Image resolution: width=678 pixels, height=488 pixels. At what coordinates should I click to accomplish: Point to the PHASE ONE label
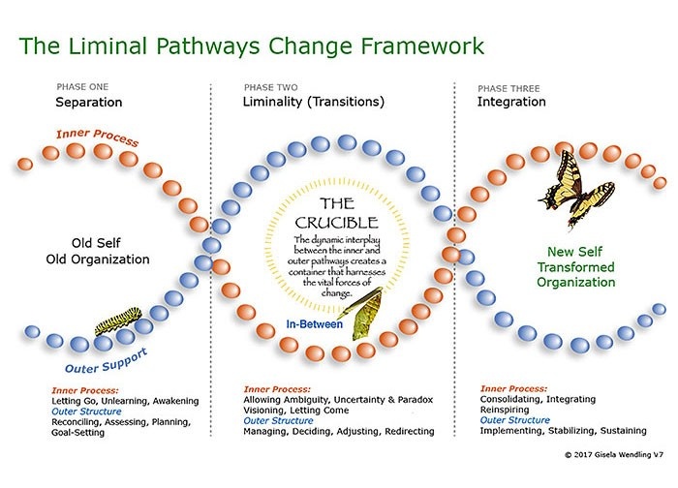82,86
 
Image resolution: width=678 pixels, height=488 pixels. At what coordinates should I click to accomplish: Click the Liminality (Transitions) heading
314,101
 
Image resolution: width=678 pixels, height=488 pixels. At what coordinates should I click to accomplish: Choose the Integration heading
510,101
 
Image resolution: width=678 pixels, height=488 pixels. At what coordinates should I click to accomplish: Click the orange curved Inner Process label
97,138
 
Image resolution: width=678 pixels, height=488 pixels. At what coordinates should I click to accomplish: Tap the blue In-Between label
314,325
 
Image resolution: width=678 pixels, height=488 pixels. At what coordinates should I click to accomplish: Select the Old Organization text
110,259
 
